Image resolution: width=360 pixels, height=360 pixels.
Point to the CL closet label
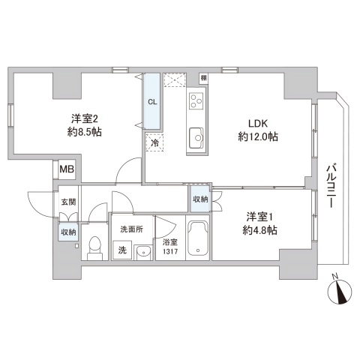(x=152, y=102)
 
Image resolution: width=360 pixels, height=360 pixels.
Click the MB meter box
(x=67, y=169)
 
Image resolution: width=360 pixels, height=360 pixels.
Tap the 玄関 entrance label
(x=67, y=202)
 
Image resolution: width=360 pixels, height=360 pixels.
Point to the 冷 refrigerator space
(x=154, y=142)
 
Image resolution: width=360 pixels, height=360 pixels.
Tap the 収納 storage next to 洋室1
(x=200, y=199)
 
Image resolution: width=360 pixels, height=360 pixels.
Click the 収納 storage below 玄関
(x=67, y=233)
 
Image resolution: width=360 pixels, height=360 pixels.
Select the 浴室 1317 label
(x=169, y=246)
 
